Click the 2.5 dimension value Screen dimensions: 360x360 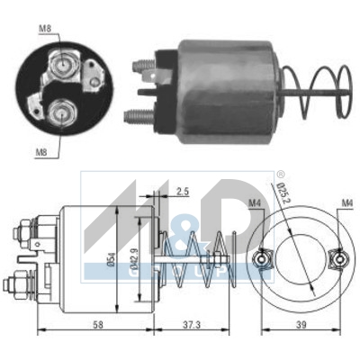coord(183,192)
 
